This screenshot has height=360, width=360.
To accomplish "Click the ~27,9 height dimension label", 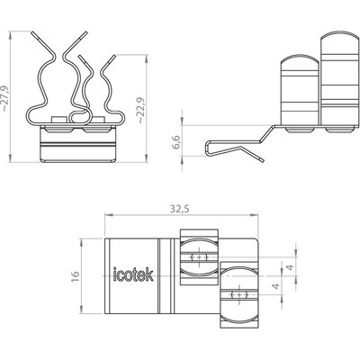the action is pos(5,98).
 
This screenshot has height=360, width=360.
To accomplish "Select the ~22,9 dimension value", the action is pos(140,111).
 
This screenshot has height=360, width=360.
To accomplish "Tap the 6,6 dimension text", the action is pos(176,142).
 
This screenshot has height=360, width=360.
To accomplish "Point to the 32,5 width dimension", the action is pos(180,209).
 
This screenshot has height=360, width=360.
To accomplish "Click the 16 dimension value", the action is pos(75,276).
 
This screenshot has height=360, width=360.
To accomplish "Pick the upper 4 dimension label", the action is pos(290,267).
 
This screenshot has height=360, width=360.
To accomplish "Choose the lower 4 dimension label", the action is pos(275,285).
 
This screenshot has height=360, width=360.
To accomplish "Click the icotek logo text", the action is pos(133,274).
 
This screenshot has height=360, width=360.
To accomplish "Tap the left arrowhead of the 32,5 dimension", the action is pos(108,215).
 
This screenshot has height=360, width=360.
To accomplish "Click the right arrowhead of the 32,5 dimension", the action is pos(255,215).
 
